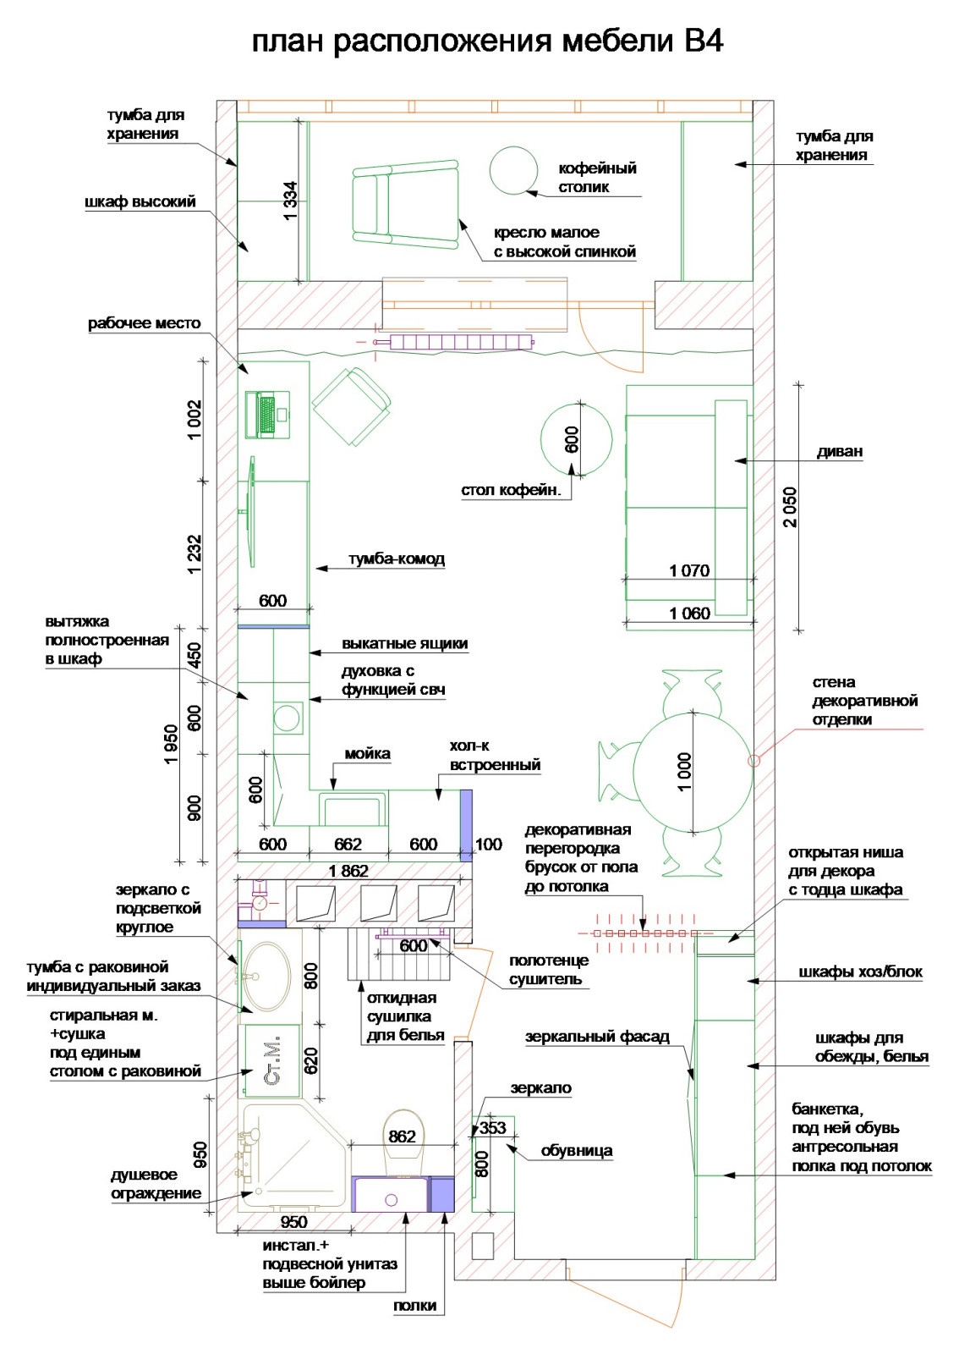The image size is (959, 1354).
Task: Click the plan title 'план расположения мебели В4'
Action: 487,42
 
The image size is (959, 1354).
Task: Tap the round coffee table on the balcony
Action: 513,171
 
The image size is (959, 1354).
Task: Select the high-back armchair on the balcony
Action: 405,204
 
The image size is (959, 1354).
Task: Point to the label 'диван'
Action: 840,451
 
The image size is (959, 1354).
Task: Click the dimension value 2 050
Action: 790,507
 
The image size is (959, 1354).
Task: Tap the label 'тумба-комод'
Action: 397,559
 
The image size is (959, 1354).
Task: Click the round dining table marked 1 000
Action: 693,771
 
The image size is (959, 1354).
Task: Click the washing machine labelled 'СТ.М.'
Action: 272,1061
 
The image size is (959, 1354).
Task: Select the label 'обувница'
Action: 577,1151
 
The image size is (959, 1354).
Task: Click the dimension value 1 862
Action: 348,871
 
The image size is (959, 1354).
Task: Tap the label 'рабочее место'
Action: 145,323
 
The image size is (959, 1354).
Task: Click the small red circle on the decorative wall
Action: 753,761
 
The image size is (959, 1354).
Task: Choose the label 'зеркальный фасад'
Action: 597,1038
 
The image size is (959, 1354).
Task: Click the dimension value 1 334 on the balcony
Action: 290,201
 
